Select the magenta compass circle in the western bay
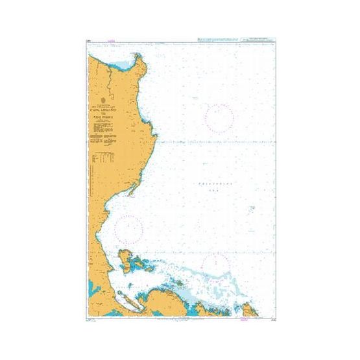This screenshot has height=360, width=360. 129,228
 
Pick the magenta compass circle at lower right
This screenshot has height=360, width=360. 215,266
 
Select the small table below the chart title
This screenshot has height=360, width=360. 102,157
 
